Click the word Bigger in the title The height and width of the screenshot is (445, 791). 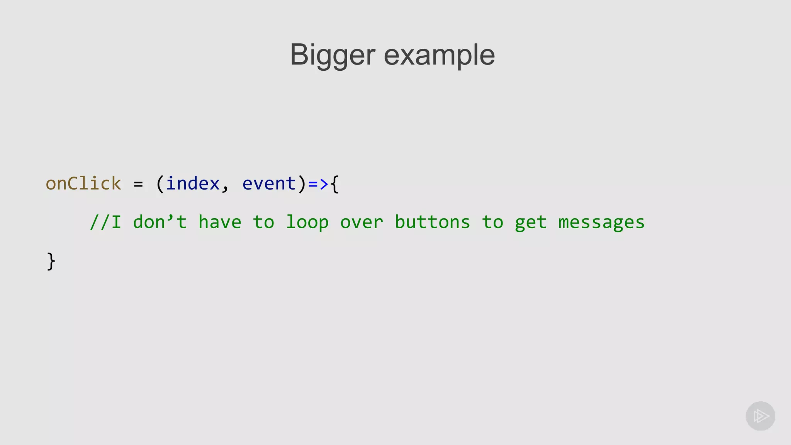pos(332,55)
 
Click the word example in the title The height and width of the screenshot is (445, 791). pos(439,55)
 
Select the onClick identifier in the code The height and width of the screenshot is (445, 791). pos(83,183)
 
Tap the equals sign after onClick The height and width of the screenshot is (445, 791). pos(138,184)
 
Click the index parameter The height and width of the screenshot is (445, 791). pos(193,183)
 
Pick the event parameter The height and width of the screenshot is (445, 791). pos(269,183)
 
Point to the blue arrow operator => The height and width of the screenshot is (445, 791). pos(318,184)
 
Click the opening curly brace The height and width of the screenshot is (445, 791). pos(335,184)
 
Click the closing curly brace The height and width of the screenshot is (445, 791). pos(51,262)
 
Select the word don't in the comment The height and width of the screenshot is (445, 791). pos(160,222)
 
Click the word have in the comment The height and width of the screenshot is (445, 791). pos(220,222)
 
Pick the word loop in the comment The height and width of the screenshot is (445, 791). pos(307,222)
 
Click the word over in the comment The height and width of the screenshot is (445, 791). pos(362,222)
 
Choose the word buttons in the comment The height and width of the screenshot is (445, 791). pos(432,222)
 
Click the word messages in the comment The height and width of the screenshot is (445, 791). pos(601,223)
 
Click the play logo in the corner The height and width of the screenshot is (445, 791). pos(760,416)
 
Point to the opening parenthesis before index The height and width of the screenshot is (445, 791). pos(160,184)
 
